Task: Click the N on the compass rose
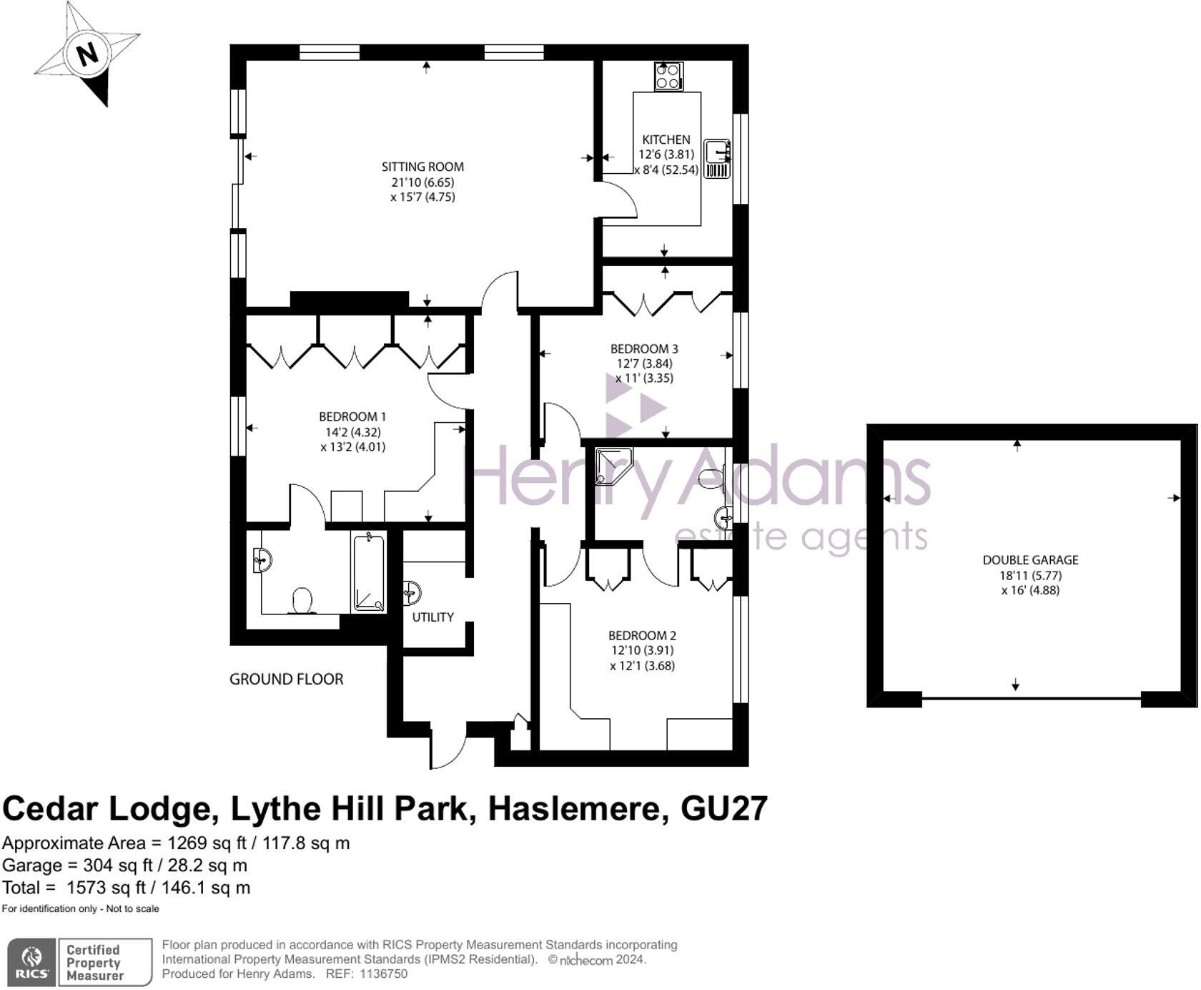[87, 54]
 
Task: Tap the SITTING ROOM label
[422, 167]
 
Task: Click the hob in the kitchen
[668, 77]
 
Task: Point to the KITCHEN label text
[666, 139]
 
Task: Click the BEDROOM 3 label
[644, 349]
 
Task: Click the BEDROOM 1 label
[352, 416]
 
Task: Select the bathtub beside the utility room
[369, 573]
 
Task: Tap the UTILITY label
[433, 617]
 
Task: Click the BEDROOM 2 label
[642, 635]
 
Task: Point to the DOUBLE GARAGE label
[1030, 560]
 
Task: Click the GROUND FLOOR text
[286, 679]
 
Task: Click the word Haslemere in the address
[580, 808]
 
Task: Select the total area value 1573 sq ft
[107, 888]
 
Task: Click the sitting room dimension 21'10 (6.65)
[422, 182]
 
